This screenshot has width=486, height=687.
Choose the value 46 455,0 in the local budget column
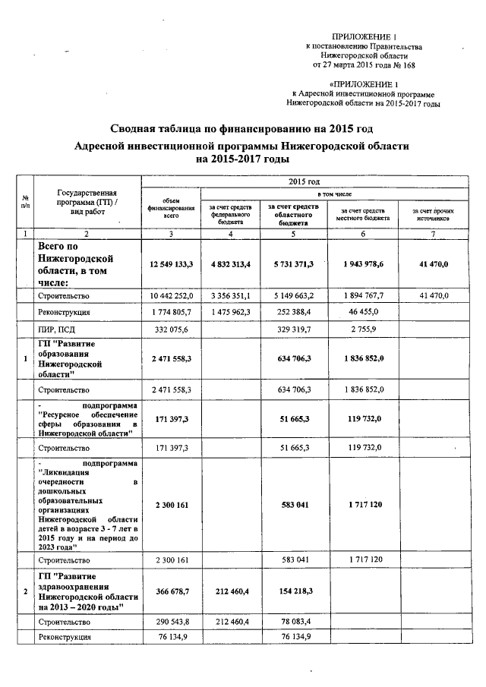click(361, 312)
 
